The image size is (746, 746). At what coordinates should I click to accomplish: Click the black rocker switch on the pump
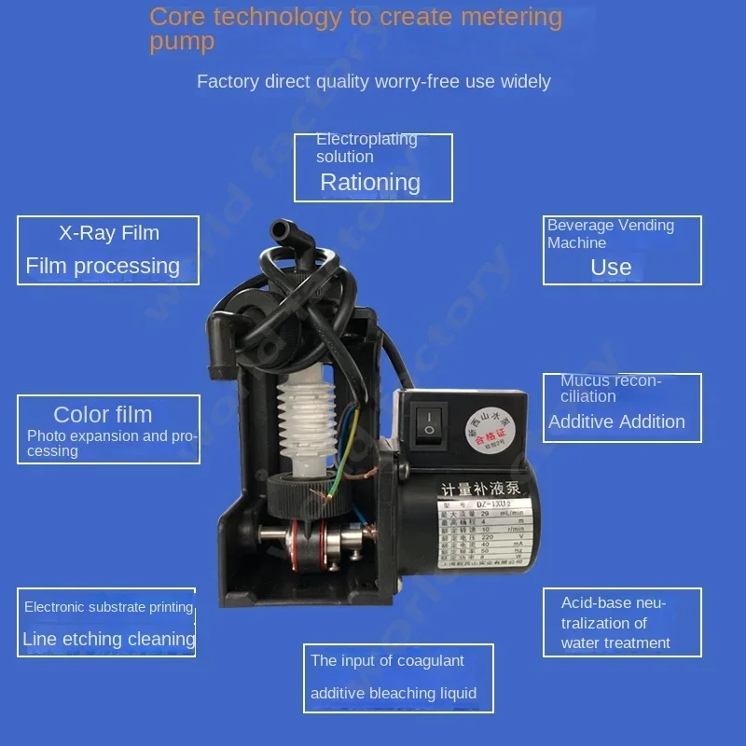tap(428, 421)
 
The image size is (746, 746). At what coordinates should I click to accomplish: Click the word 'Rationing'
tap(370, 182)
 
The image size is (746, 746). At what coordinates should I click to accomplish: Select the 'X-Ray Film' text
tap(109, 233)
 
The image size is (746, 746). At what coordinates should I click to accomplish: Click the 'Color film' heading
tap(103, 414)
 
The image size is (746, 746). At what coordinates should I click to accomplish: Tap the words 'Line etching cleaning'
tap(109, 639)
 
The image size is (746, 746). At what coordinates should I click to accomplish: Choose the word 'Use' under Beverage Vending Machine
tap(611, 267)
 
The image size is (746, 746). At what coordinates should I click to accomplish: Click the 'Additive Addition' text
tap(616, 421)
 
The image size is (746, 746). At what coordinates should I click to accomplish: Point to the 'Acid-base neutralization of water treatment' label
tap(615, 623)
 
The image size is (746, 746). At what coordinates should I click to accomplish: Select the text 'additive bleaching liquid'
tap(394, 693)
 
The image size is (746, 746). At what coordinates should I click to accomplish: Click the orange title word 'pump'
tap(182, 42)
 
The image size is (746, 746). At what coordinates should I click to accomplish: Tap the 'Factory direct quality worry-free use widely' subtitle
tap(373, 81)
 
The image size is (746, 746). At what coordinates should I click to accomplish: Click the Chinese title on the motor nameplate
tap(478, 488)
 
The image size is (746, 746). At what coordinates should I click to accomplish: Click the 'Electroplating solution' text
tap(366, 147)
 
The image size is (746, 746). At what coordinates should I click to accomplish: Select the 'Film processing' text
tap(103, 266)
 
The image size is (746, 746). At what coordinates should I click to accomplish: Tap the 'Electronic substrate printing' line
tap(108, 607)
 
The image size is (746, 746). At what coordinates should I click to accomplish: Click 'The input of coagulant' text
tap(387, 660)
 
